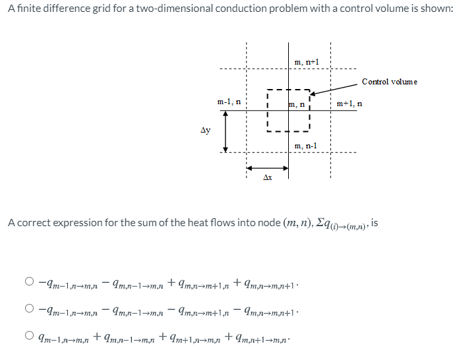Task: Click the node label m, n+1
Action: pyautogui.click(x=307, y=62)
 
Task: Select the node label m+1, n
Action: pyautogui.click(x=349, y=104)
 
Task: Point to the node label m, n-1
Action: pyautogui.click(x=306, y=145)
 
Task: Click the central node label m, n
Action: pyautogui.click(x=297, y=104)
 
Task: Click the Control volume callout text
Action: pyautogui.click(x=389, y=82)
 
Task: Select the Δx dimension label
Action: pyautogui.click(x=267, y=177)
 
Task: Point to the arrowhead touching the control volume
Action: pyautogui.click(x=313, y=94)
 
